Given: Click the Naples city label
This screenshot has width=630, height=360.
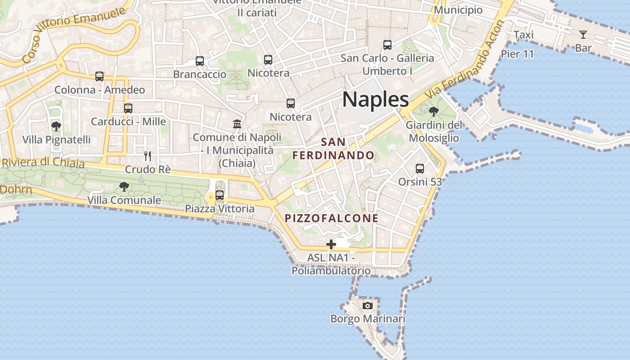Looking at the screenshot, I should coord(375,99).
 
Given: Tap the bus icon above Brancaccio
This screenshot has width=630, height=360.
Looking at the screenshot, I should coord(200,61).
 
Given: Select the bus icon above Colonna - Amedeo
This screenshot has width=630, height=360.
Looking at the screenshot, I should coord(99,76).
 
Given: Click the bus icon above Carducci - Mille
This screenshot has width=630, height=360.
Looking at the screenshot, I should coord(128,108).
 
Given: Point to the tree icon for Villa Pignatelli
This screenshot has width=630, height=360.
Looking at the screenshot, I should coord(56,126).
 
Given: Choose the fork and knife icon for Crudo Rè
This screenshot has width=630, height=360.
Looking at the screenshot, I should coord(148,156).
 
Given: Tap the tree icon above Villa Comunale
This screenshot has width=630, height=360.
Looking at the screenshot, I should coord(124,186).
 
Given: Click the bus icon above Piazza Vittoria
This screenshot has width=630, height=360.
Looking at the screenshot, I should coord(220,195).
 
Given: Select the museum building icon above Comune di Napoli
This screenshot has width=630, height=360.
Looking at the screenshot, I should coord(237,124).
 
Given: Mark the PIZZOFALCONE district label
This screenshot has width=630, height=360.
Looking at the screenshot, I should coord(332,218).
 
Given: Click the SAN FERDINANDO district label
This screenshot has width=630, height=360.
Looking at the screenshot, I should coord(333,149).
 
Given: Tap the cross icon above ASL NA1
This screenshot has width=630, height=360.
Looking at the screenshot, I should coord(331,244).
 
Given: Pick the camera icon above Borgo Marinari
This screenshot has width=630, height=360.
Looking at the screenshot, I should coord(368,306).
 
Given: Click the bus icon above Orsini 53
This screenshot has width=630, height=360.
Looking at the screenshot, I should coord(420,169).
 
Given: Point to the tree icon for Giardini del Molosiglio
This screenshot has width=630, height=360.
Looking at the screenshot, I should coord(434,111).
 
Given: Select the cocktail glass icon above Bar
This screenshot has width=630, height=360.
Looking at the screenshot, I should coord(583,35).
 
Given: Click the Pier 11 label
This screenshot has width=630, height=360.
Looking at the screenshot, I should coord(517,54).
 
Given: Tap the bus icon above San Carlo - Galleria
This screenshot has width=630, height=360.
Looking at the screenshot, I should coord(387,45).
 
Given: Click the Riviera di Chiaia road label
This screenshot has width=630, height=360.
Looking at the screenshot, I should coord(43,162).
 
